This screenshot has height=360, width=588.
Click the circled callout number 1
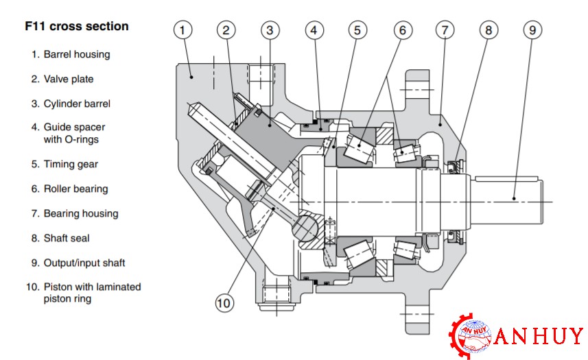coord(182,29)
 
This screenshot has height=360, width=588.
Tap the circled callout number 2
coord(226,29)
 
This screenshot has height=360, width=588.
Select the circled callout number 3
coord(270,29)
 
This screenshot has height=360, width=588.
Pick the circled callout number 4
coord(314,29)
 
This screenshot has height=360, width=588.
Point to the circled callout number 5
coord(357,29)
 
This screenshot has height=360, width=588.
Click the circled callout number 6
coord(402,29)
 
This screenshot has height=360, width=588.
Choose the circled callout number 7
coord(445,29)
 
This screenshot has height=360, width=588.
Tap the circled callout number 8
coord(489,29)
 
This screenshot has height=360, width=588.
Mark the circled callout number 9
coord(532,29)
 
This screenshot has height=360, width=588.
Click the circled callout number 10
coord(224,302)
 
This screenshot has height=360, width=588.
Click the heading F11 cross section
coord(76,27)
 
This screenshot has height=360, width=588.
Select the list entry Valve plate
coord(68,79)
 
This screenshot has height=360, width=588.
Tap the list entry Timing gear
coord(70,164)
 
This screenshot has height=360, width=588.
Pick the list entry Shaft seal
coord(66,238)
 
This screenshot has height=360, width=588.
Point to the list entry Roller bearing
coord(75,189)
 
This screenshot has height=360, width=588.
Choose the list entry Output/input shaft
coord(84,263)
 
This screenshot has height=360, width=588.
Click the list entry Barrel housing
coord(76,54)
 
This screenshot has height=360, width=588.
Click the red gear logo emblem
coord(471,336)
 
